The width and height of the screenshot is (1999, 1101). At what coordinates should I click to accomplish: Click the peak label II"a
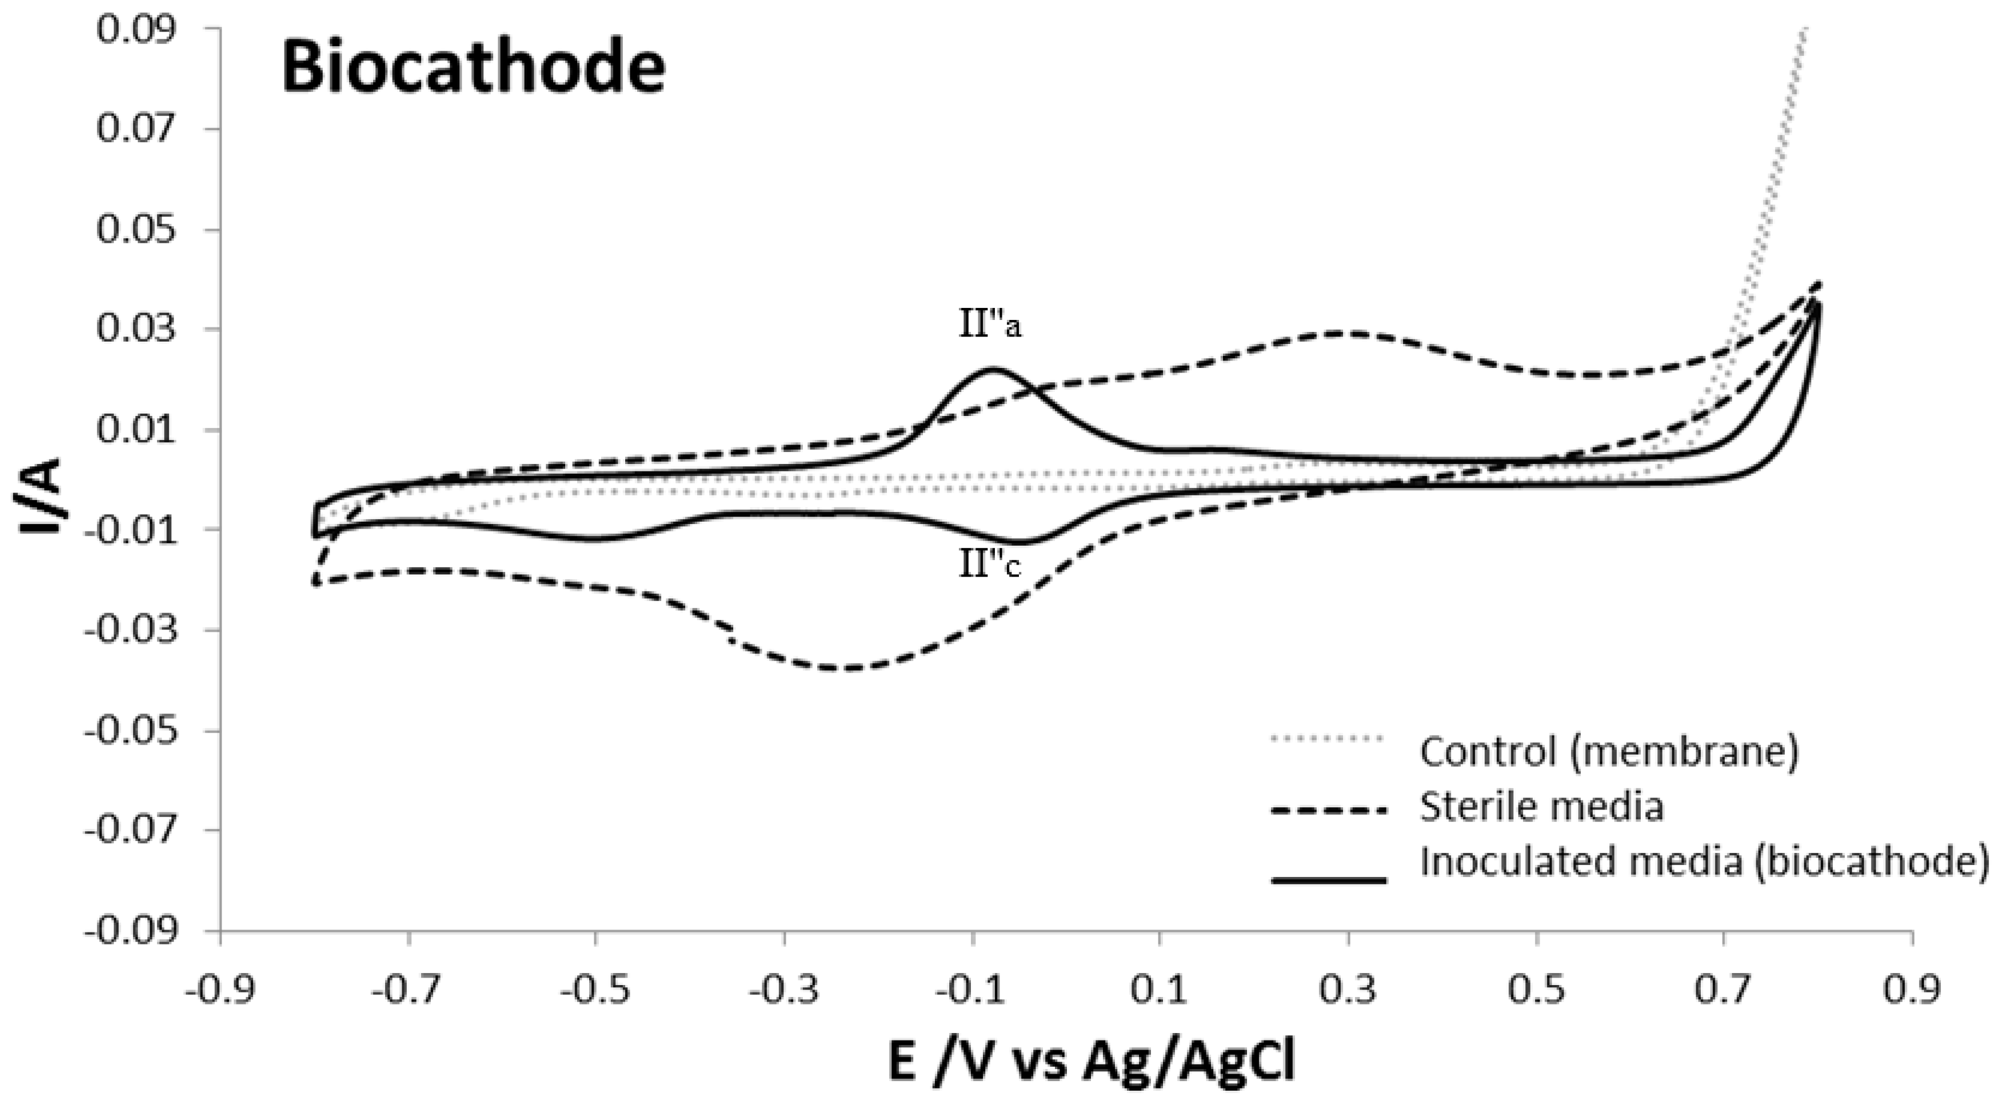click(990, 325)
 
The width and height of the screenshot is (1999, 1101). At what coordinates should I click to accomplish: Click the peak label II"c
click(990, 566)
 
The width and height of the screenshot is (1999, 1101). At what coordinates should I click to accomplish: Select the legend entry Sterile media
click(1541, 807)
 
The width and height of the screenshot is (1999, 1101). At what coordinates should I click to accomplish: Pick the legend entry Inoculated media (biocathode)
click(1704, 861)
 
